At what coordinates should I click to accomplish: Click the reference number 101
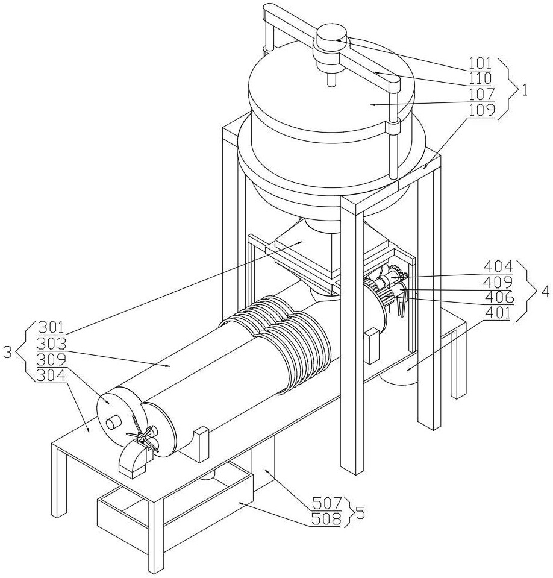(481, 63)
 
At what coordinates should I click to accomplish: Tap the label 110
(481, 78)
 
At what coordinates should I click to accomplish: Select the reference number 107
(481, 94)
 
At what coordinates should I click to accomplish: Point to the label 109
(481, 110)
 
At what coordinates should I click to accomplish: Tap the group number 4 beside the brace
(545, 289)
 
